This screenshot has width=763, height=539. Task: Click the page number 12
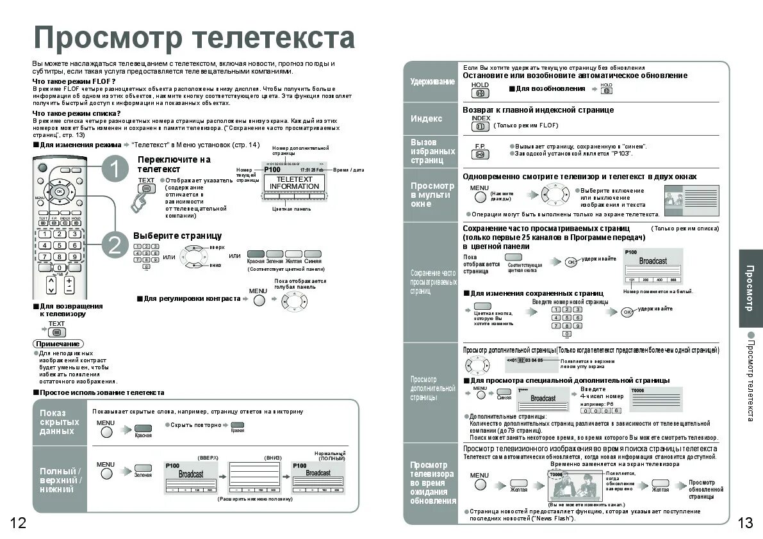[x=18, y=523]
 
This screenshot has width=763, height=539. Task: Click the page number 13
[x=745, y=523]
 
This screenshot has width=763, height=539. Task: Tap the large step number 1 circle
[x=115, y=170]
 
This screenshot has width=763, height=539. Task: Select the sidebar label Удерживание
[x=432, y=82]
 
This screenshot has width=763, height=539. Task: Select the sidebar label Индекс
[x=427, y=119]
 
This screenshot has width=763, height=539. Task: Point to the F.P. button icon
[x=480, y=154]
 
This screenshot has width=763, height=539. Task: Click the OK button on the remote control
[x=60, y=191]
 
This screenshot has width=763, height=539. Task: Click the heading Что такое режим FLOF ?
[x=74, y=81]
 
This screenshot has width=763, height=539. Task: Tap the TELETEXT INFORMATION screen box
[x=294, y=183]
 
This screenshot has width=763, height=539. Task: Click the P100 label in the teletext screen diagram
[x=272, y=170]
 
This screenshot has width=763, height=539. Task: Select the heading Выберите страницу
[x=177, y=236]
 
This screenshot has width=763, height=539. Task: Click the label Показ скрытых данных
[x=60, y=422]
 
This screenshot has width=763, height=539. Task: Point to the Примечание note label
[x=58, y=344]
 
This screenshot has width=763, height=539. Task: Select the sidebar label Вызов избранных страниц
[x=432, y=151]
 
